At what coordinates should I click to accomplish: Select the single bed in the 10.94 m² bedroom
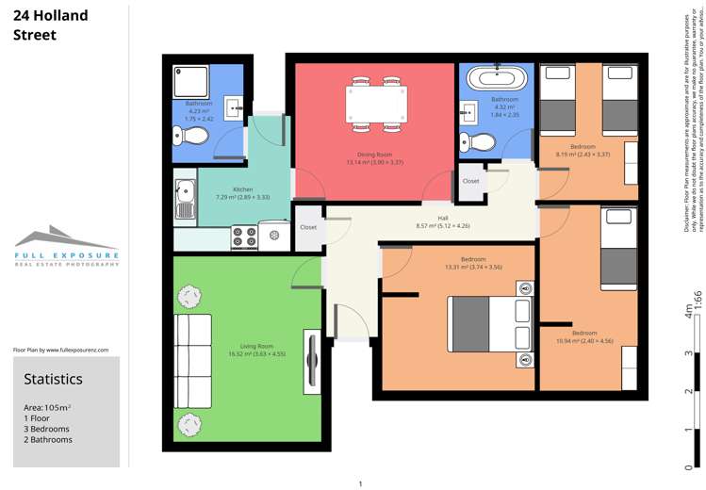point(618,249)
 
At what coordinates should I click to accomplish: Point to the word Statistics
point(53,379)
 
